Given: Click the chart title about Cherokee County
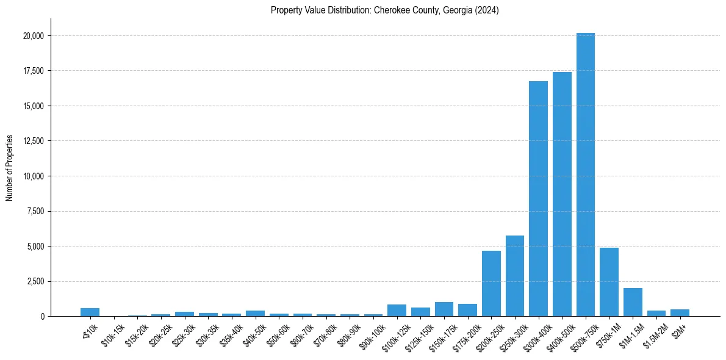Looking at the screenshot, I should coord(385,10).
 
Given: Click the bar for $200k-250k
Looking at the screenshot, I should coord(491,283).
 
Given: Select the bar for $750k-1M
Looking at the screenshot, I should coord(609,282).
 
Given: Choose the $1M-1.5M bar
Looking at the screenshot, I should coord(633,302).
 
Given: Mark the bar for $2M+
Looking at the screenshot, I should coord(680,313).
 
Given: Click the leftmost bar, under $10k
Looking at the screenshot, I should coord(90,312).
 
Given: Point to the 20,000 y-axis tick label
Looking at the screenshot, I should coord(31,36).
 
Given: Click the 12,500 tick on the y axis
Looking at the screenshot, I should coord(31,141).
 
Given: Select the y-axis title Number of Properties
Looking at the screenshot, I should coord(10,168).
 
